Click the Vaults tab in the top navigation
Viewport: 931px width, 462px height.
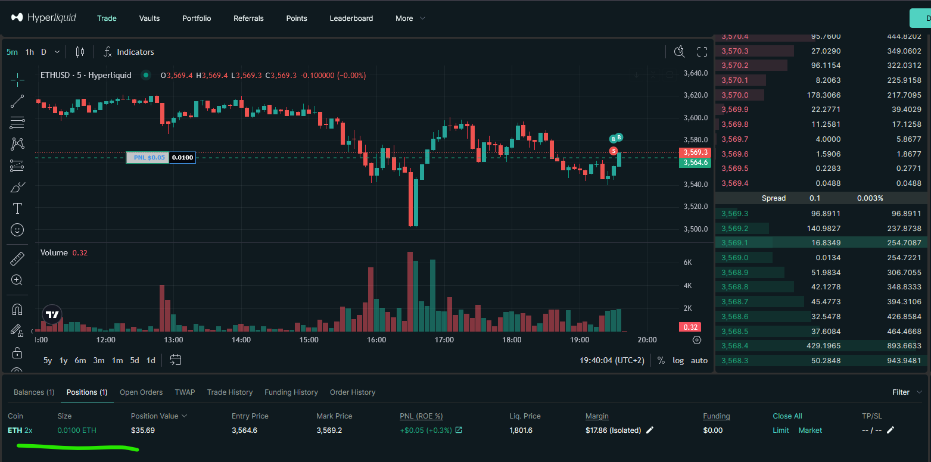click(150, 18)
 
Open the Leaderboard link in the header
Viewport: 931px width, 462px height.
click(351, 18)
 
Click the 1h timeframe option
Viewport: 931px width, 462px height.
click(29, 52)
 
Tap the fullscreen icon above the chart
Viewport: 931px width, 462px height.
click(702, 52)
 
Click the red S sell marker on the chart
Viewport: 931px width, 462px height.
click(613, 151)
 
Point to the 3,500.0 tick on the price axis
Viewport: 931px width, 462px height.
click(696, 229)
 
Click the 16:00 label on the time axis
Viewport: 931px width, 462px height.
click(376, 340)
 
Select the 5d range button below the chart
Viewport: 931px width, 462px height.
click(135, 360)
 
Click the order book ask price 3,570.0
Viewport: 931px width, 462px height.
click(734, 95)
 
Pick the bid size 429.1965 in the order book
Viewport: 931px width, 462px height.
click(820, 346)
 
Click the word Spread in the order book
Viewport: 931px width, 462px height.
click(774, 198)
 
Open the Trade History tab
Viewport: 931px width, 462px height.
click(230, 392)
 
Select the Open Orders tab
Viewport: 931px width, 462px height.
click(141, 392)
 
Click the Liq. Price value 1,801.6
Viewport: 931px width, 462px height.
click(521, 430)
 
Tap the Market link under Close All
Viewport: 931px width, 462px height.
click(810, 430)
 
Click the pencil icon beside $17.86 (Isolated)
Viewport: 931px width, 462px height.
click(650, 430)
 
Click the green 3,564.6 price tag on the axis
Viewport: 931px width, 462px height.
click(695, 163)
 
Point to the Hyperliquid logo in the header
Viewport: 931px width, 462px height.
click(43, 18)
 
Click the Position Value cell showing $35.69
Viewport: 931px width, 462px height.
click(142, 430)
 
